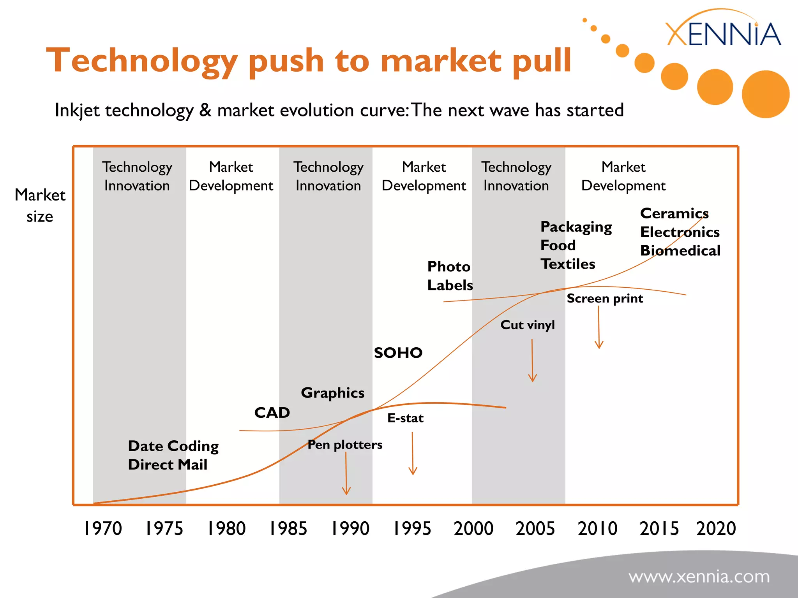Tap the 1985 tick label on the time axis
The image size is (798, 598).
click(288, 529)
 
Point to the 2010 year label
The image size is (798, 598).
click(597, 529)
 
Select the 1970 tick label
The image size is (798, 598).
click(103, 529)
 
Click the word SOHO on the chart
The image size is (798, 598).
click(398, 353)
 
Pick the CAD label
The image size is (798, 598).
click(272, 413)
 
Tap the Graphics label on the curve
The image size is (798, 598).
click(333, 393)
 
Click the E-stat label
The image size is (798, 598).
click(405, 418)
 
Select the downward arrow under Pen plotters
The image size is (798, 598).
click(346, 473)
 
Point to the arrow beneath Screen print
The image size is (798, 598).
click(599, 327)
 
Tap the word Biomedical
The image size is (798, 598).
click(680, 251)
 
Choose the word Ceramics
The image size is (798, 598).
click(674, 213)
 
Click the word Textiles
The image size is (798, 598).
click(568, 264)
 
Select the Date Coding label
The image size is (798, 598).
click(173, 446)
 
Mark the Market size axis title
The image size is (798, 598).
click(40, 205)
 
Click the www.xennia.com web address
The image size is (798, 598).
click(699, 577)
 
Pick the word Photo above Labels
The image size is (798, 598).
click(449, 267)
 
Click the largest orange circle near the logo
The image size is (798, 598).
click(765, 94)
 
